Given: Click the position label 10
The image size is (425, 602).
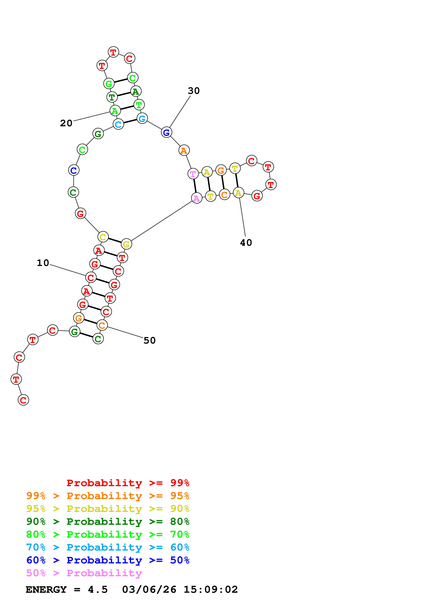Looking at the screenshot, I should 43,263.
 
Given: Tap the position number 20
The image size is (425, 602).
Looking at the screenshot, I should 66,123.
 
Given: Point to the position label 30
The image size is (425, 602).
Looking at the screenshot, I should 194,91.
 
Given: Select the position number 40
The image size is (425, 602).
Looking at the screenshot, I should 246,242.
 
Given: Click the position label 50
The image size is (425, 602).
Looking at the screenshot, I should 149,340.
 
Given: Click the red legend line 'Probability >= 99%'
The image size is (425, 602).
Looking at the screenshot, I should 128,483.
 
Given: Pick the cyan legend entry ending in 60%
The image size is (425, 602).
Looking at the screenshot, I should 108,547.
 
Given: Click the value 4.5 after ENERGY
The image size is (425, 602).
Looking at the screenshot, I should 98,589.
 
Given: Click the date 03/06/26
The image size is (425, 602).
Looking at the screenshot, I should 149,589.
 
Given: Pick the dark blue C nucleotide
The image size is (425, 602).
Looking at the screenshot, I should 74,170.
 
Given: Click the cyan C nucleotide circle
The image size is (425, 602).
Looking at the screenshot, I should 118,124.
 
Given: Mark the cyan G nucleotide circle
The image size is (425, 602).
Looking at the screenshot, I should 142,119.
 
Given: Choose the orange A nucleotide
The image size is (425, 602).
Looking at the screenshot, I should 184,150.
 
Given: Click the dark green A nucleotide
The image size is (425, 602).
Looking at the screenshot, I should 136,91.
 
